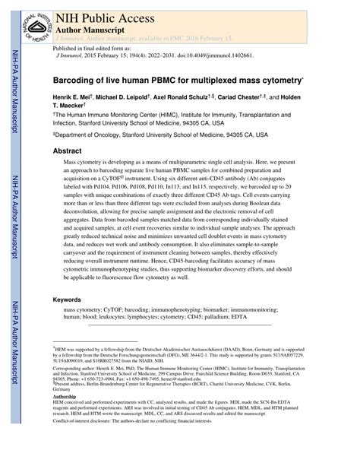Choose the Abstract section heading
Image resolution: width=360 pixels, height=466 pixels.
click(x=67, y=152)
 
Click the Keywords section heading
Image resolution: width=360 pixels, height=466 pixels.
click(x=70, y=300)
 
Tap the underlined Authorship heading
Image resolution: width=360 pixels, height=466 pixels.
click(x=65, y=397)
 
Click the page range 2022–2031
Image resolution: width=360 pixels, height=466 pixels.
click(x=152, y=55)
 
